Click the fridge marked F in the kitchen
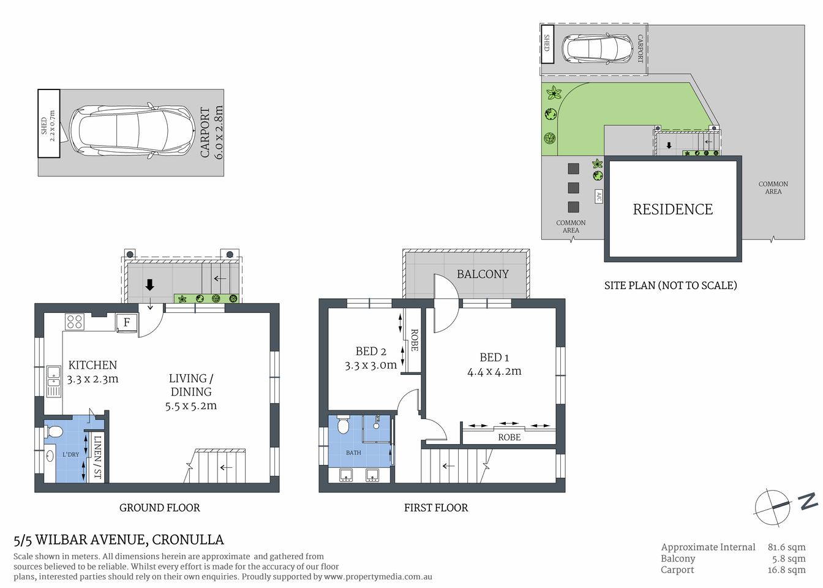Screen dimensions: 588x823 coord(127,322)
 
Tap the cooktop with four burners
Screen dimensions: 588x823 coord(75,322)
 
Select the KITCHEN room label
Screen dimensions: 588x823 coord(92,365)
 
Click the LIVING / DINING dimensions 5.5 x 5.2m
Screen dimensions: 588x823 coord(190,405)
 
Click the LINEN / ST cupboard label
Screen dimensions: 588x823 coord(97,457)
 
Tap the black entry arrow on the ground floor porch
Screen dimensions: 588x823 coord(149,285)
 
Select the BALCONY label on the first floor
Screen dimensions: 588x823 coord(483,274)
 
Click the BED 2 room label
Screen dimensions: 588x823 coord(370,352)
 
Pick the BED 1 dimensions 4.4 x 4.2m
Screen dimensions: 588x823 coord(494,371)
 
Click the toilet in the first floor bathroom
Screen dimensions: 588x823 coord(343,424)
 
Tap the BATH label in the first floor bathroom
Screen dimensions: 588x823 coord(353,453)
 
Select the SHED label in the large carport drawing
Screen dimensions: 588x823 coord(44,126)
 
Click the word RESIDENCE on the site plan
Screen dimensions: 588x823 coord(672,209)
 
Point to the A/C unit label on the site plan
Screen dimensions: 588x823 coord(598,196)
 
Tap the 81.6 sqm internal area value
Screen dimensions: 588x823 coord(786,547)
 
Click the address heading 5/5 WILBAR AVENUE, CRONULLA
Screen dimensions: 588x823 coord(119,540)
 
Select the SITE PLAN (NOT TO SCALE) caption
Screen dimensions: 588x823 coord(671,285)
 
